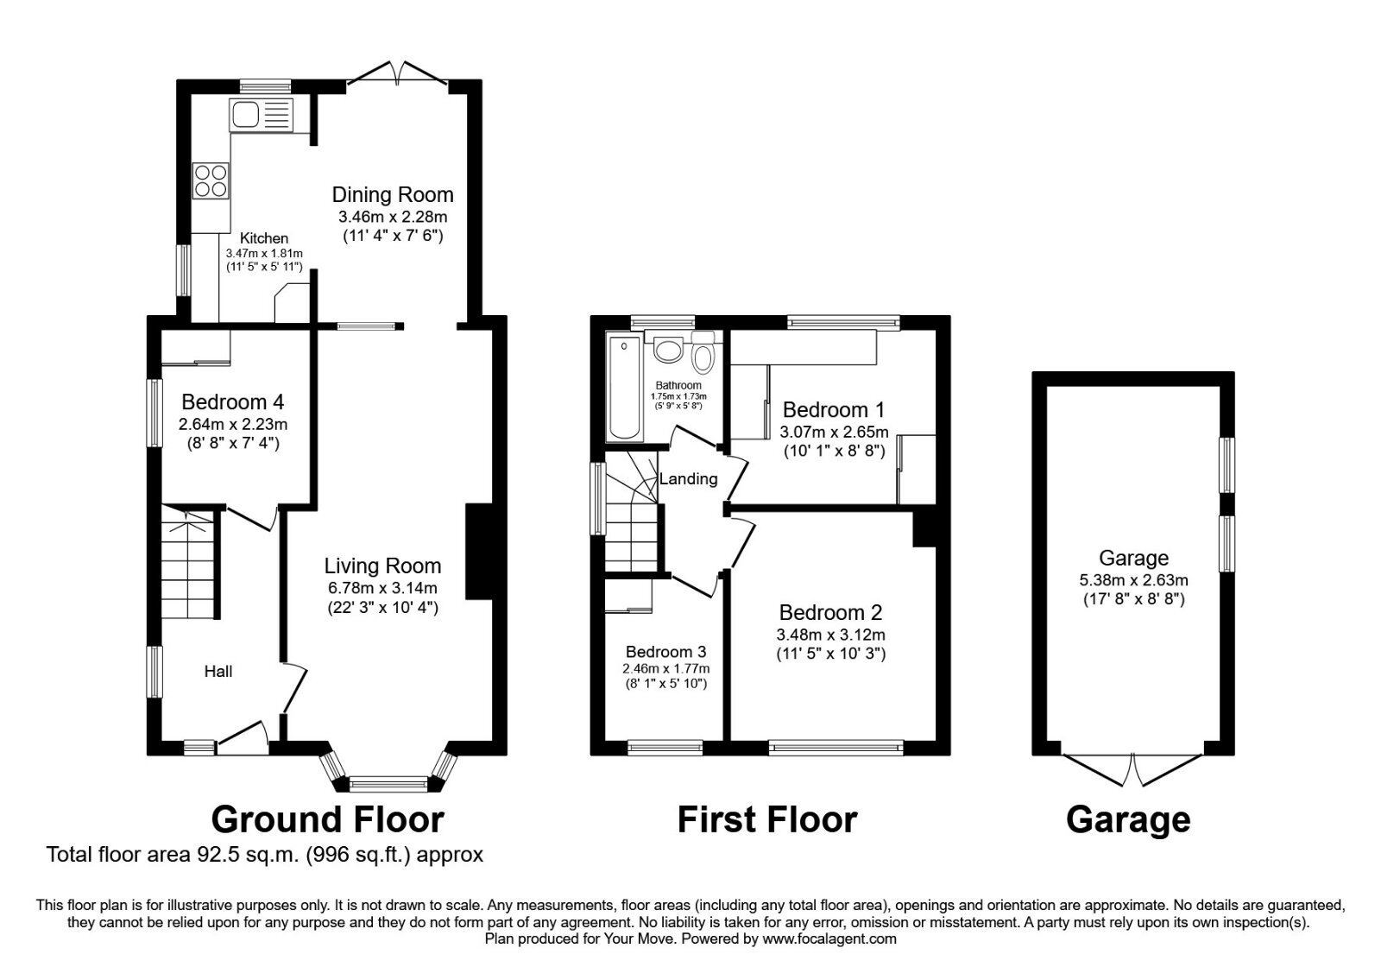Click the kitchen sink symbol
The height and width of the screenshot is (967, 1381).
click(261, 115)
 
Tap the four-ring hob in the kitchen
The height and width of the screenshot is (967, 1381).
click(211, 180)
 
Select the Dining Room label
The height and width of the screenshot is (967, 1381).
click(393, 194)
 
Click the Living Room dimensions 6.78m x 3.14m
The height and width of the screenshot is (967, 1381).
click(382, 588)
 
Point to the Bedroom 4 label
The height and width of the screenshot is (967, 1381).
click(232, 401)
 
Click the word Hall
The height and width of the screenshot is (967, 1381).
click(218, 671)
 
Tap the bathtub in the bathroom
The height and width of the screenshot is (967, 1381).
click(624, 389)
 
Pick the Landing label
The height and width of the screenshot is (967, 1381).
click(688, 478)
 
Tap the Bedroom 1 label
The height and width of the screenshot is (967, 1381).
click(833, 409)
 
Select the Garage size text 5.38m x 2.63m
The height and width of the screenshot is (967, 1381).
click(1133, 580)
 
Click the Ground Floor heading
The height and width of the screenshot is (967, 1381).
click(328, 818)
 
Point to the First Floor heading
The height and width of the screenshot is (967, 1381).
click(767, 818)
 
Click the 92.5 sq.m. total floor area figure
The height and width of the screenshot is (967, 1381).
click(259, 855)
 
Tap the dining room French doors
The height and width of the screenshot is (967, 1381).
click(398, 73)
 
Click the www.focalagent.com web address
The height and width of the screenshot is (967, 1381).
click(829, 939)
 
